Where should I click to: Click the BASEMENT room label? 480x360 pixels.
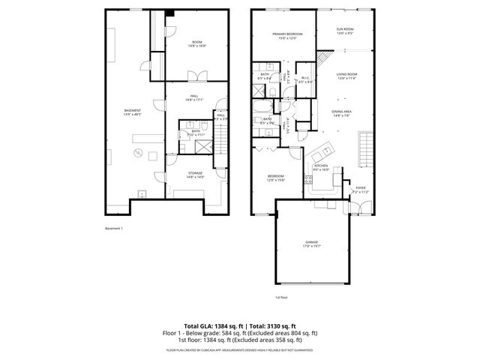132,112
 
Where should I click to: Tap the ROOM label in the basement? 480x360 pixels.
196,43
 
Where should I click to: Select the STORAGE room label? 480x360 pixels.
195,174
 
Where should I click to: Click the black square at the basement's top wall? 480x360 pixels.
170,12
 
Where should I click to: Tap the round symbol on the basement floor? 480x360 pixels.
137,153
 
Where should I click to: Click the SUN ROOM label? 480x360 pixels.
345,31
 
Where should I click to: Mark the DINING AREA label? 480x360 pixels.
342,113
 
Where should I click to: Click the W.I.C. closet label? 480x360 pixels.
305,79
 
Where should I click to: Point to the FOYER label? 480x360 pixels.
360,190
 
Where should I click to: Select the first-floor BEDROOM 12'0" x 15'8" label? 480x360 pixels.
276,178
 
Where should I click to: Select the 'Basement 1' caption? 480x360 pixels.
113,227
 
